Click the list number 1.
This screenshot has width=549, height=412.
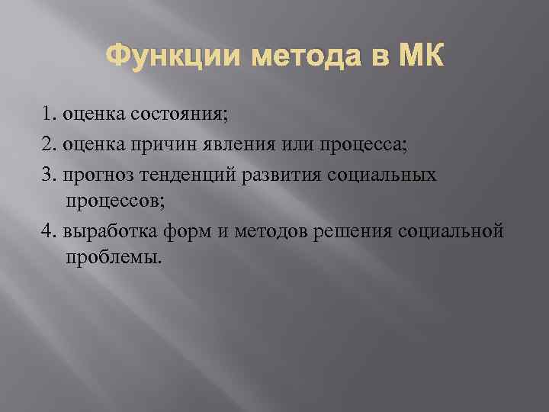pos(50,115)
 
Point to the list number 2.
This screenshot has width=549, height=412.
pos(50,146)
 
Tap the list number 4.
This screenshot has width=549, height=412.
pos(50,230)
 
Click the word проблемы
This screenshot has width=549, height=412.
pos(114,257)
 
